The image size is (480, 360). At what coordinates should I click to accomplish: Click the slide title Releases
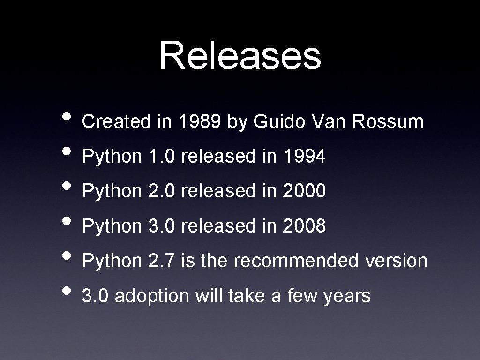point(240,56)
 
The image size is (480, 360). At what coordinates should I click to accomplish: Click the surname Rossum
point(388,122)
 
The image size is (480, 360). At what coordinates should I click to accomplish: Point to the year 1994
point(304,157)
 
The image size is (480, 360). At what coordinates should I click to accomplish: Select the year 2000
point(304,191)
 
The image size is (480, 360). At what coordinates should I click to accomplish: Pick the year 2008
point(304,226)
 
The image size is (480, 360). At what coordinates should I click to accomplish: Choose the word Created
point(116,122)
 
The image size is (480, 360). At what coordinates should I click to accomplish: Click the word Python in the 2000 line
point(112,191)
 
